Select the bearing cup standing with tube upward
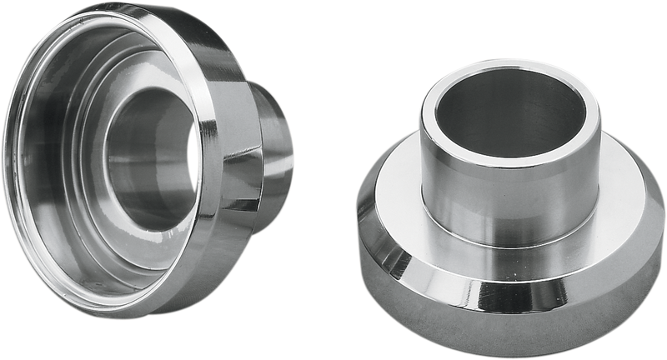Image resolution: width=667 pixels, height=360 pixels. coord(509,217)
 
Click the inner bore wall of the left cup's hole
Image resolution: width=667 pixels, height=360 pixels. coord(133,158)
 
